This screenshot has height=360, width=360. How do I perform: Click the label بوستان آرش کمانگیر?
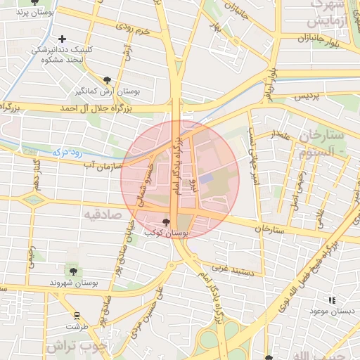coord(103,92)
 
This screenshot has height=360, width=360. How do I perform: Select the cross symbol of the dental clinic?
coord(63,39)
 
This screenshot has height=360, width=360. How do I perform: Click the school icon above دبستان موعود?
coord(332,300)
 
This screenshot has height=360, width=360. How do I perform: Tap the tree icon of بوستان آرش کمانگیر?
coord(107,80)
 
